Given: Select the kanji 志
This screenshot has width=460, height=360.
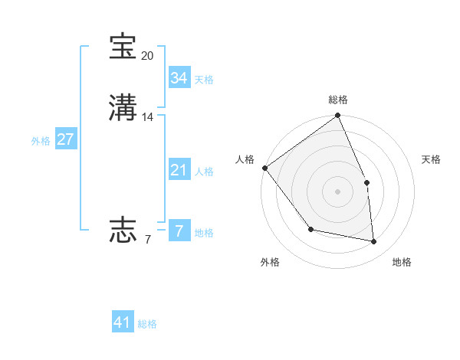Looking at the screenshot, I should coord(123,229).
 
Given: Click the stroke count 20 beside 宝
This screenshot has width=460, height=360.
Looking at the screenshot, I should coord(147,56).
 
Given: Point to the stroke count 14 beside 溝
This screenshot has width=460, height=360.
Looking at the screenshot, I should coord(148,117).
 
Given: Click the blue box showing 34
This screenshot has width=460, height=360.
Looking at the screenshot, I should coord(179,78).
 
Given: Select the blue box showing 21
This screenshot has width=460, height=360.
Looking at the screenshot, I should coord(179,170).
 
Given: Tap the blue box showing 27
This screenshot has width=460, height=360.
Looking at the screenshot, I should coord(66,139).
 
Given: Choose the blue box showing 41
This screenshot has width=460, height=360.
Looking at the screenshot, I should coord(123,322).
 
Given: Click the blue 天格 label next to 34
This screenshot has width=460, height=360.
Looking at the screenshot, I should coord(204,80).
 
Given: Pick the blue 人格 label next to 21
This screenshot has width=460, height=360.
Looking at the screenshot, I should coord(204,172).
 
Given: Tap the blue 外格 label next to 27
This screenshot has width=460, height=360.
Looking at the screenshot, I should coord(41,141).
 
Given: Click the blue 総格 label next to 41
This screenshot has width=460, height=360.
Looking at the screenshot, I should coord(147,324).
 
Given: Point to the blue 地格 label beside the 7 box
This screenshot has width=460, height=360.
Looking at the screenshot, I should coord(204,233).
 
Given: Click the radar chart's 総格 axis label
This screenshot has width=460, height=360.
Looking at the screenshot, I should coord(338,100).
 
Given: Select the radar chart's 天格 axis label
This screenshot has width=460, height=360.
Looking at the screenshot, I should coord(432,159).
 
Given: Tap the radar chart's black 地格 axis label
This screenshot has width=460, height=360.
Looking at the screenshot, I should coord(402,262).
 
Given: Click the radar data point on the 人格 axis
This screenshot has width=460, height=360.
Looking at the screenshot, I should coord(264,168).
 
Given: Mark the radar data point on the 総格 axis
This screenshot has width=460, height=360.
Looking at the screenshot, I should coord(338,116).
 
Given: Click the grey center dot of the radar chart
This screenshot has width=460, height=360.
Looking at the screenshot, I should coord(338,191).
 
